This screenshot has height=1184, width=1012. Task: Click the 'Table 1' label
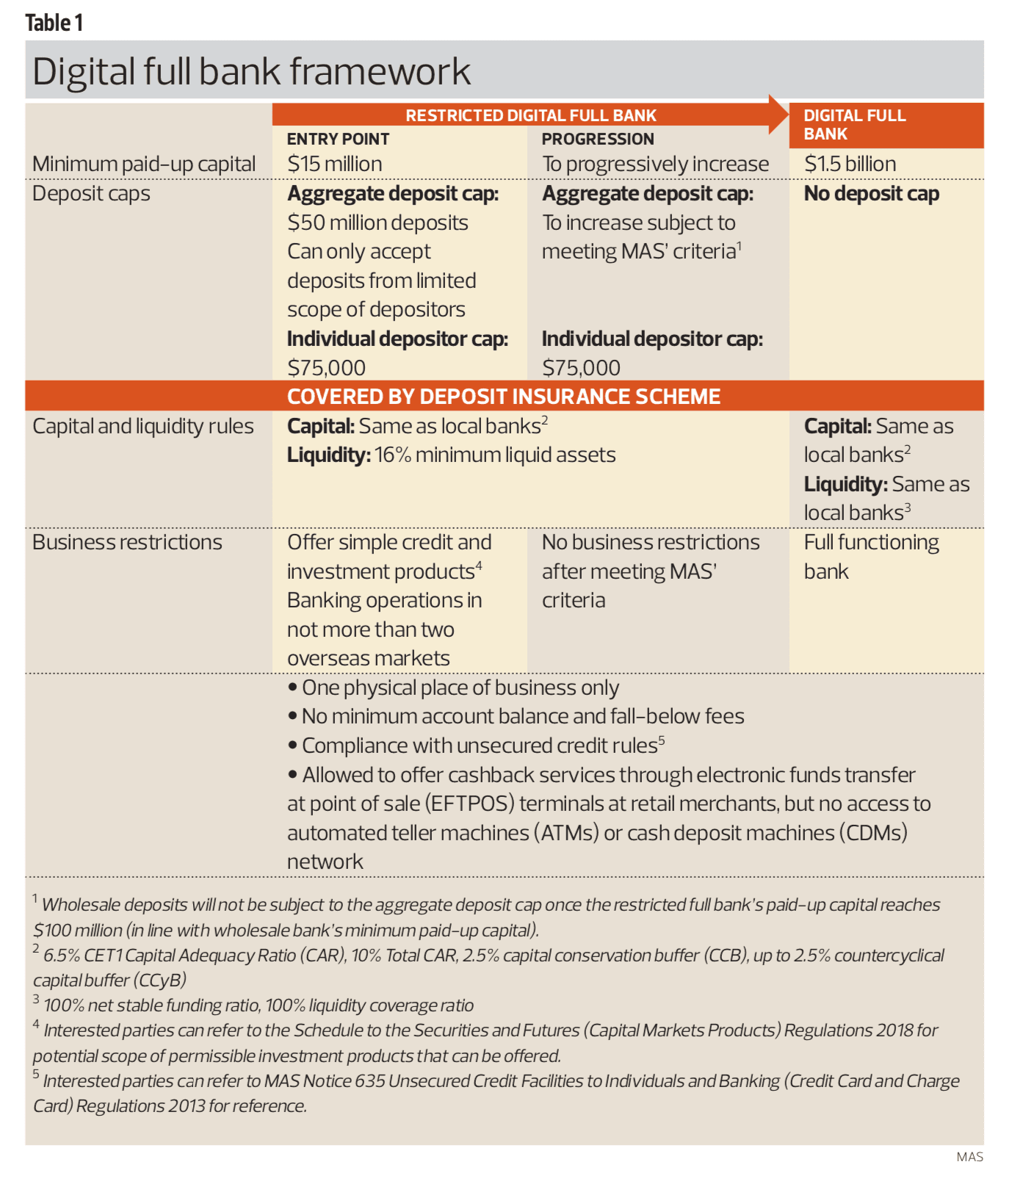point(54,23)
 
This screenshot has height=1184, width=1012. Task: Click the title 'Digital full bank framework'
point(250,72)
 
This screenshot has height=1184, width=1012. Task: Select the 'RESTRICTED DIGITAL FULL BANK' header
point(530,115)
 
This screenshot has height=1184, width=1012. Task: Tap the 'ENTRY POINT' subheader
point(338,139)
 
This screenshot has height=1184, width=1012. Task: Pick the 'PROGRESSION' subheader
point(598,139)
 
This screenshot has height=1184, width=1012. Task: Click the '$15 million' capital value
point(334,164)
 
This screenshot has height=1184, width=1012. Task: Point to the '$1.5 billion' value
point(850,164)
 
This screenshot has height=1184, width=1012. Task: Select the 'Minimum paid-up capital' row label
point(144,164)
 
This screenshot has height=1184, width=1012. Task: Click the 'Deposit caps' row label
point(91,194)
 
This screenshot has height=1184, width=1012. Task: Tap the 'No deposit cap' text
point(871,194)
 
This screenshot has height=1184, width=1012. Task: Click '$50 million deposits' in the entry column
point(377,223)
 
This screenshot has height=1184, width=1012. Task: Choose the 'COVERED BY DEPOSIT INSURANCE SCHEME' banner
point(503,397)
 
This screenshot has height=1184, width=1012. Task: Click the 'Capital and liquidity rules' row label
point(143,426)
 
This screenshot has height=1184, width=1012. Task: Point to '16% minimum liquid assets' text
point(495,455)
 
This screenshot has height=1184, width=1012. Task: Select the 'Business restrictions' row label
point(127,542)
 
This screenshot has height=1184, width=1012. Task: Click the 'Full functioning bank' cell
point(870,556)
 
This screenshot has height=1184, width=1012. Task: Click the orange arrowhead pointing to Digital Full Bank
point(778,114)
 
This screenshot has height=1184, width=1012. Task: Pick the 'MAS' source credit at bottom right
point(969,1157)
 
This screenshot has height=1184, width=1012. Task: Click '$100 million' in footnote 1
point(78,931)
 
